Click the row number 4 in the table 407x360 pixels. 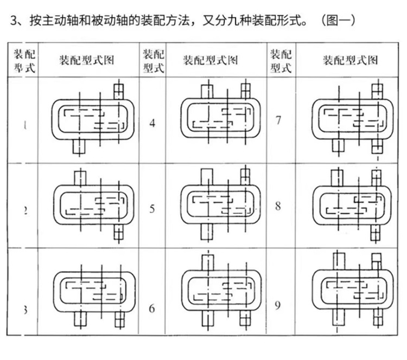click(152, 123)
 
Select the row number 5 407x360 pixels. click(152, 209)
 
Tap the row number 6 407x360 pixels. click(152, 308)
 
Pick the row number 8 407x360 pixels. click(278, 206)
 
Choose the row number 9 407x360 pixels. click(278, 306)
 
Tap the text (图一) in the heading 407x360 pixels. click(337, 21)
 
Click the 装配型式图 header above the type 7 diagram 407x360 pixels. click(350, 60)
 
